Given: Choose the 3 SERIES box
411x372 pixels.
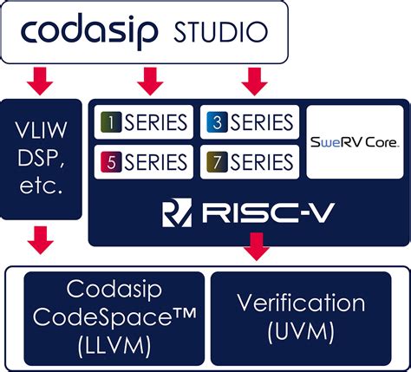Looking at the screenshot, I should (x=250, y=122).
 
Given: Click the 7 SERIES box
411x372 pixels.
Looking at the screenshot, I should (x=250, y=161).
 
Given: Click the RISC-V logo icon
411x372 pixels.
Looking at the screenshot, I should (x=176, y=212).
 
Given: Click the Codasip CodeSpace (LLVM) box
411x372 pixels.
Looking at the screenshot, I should (x=114, y=317).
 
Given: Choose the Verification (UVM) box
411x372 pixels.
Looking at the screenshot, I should (x=300, y=317).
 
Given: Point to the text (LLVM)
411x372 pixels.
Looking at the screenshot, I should (x=114, y=345).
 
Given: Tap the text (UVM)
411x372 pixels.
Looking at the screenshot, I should (x=300, y=332).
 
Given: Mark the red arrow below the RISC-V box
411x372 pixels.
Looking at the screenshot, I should (x=255, y=249).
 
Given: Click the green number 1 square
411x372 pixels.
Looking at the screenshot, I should (x=110, y=122).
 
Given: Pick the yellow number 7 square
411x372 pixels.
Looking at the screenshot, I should (x=217, y=161).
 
